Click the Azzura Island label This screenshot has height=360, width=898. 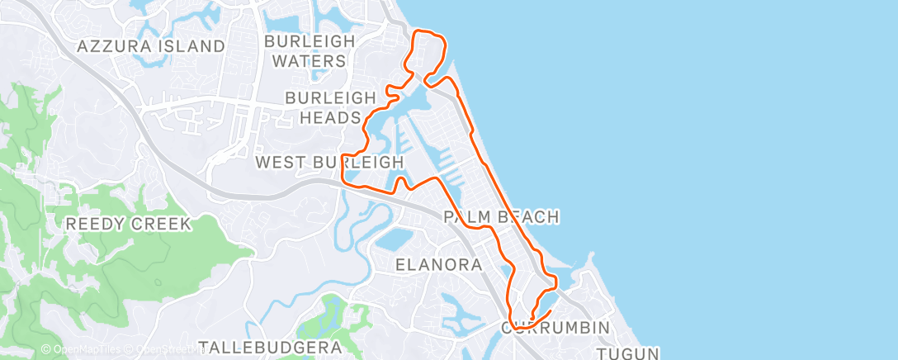click(151, 46)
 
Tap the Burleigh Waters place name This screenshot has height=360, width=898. click(309, 50)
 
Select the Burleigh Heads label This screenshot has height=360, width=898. click(324, 107)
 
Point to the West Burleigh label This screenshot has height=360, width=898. click(329, 162)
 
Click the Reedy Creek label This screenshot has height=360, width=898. click(128, 224)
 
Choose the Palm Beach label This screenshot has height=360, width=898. click(502, 217)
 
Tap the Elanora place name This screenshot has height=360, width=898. click(438, 265)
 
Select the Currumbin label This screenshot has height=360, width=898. click(555, 327)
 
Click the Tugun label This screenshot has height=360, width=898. click(630, 353)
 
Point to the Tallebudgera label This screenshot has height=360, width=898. click(270, 348)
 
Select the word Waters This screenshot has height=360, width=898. click(309, 61)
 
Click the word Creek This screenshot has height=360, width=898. click(162, 224)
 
